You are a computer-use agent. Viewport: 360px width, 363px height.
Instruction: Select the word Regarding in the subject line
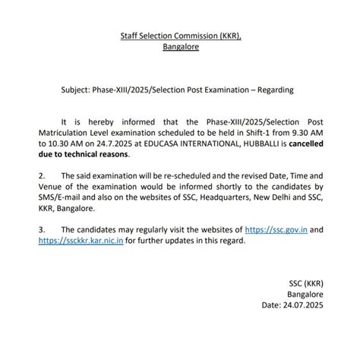270,90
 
